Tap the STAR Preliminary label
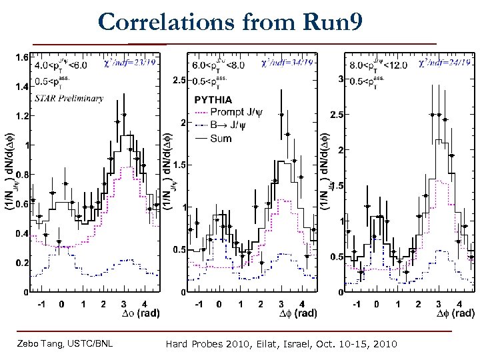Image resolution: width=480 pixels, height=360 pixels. [x=69, y=98]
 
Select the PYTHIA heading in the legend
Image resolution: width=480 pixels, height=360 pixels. [x=213, y=99]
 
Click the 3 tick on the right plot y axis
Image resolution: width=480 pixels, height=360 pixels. [x=340, y=79]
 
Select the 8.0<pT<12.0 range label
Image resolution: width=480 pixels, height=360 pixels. [x=380, y=66]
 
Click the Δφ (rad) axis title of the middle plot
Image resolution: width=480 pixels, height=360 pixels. [x=297, y=313]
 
